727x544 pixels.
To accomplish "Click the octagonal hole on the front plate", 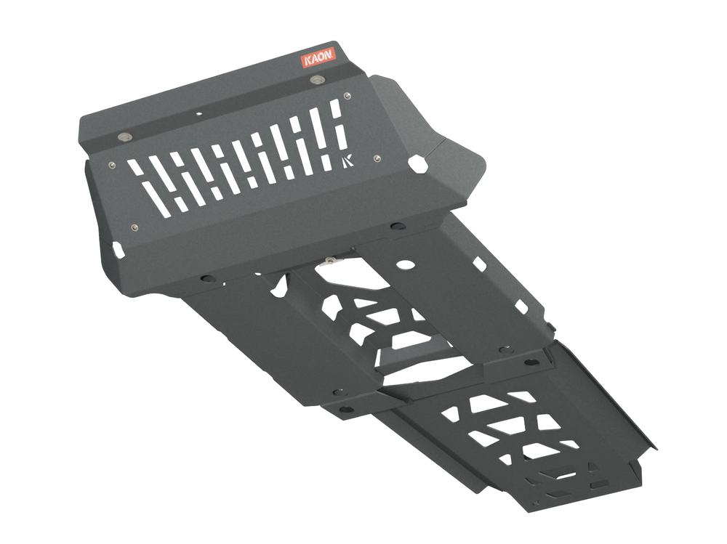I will click(x=419, y=163).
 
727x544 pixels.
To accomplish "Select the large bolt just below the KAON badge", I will click(x=316, y=79).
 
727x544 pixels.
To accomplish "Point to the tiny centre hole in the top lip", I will click(x=198, y=113).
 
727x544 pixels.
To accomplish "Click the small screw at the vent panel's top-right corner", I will click(x=348, y=94).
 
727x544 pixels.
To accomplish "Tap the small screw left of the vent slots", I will click(x=111, y=165).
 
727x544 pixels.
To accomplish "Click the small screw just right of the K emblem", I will click(x=377, y=158).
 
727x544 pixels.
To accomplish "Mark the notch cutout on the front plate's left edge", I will click(x=116, y=249).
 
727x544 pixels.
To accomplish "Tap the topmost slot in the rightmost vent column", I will click(x=336, y=109).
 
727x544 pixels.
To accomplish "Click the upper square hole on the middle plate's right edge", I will click(x=480, y=264).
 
